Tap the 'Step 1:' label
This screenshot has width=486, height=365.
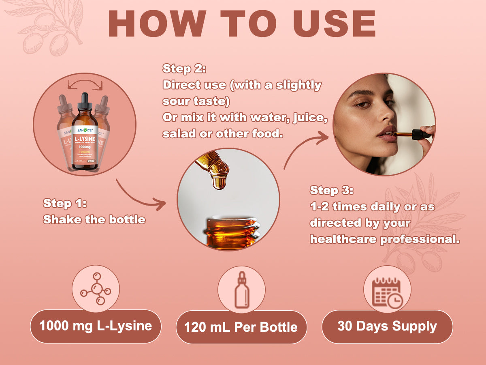pyautogui.click(x=65, y=203)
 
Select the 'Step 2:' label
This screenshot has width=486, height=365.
pyautogui.click(x=184, y=69)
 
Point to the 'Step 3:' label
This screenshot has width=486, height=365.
pyautogui.click(x=332, y=190)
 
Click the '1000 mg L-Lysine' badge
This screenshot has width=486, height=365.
pyautogui.click(x=96, y=326)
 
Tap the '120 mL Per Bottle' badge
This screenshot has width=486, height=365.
pyautogui.click(x=241, y=327)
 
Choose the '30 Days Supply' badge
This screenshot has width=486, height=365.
pyautogui.click(x=387, y=326)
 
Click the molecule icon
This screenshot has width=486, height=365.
pyautogui.click(x=96, y=289)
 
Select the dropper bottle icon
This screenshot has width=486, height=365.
pyautogui.click(x=241, y=290)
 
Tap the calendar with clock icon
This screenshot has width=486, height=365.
pyautogui.click(x=387, y=291)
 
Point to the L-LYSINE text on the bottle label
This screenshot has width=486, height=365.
pyautogui.click(x=85, y=133)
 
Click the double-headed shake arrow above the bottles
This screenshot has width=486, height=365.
pyautogui.click(x=85, y=83)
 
